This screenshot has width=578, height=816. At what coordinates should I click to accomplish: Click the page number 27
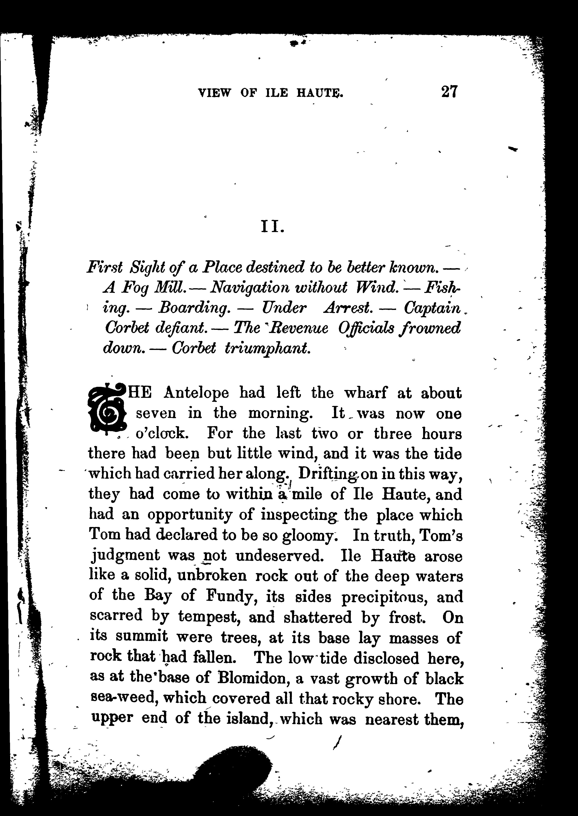pos(449,91)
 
